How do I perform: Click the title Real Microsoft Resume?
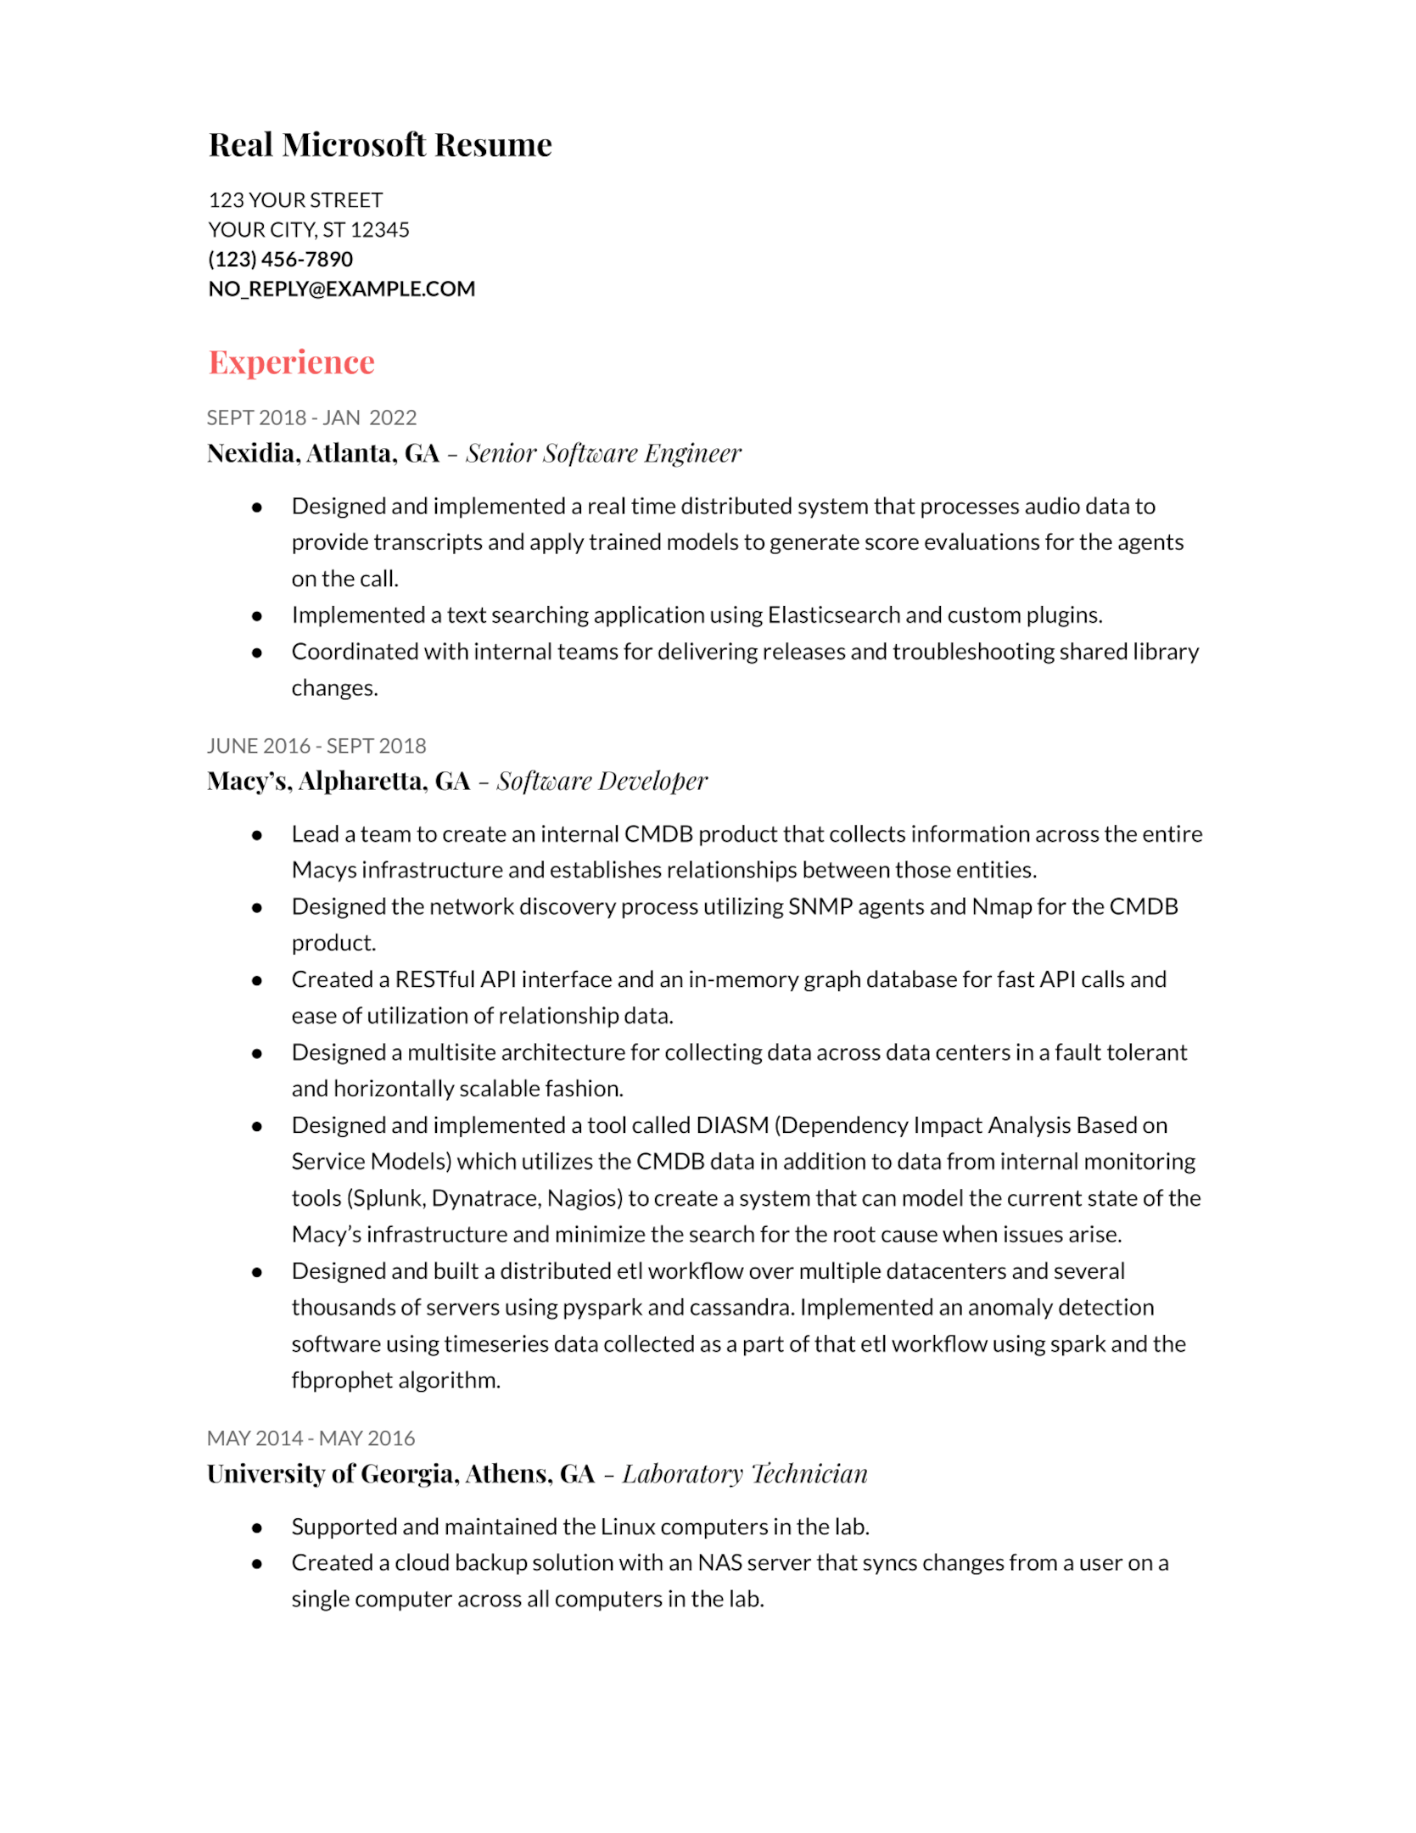379,145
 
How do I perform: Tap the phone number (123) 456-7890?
280,259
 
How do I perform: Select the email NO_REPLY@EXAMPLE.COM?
341,289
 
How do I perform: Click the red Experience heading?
291,362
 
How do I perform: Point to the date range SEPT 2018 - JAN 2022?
311,418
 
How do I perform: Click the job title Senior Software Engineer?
602,453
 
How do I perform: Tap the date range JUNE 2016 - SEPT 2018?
316,746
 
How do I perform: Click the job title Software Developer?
602,781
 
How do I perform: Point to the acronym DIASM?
731,1125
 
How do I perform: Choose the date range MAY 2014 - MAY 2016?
311,1438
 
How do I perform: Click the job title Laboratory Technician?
744,1474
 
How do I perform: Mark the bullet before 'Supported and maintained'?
257,1527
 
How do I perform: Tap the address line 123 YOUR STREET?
295,200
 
